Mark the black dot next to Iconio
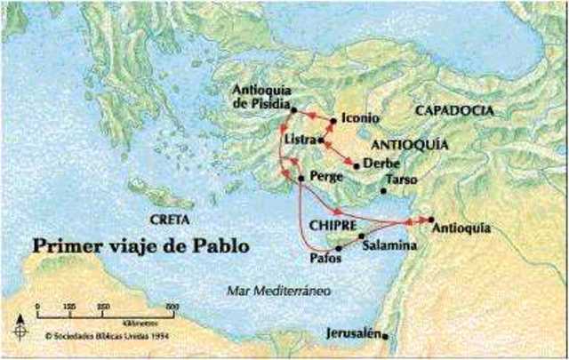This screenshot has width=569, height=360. click(333, 120)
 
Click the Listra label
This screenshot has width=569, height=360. click(300, 140)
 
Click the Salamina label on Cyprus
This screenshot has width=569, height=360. click(389, 244)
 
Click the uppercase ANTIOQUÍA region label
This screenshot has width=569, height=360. click(408, 143)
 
